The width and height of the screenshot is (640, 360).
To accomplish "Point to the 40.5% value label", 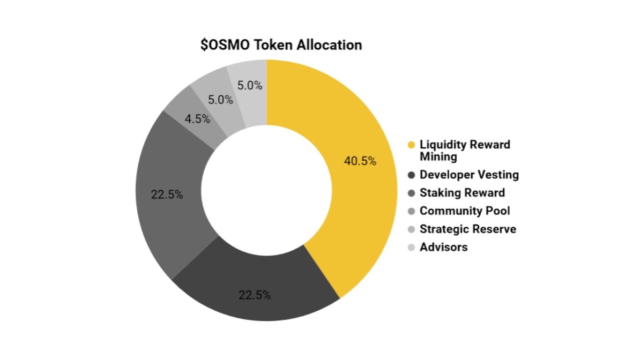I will point(360,161).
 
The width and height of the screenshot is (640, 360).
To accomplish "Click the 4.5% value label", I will point(197,119).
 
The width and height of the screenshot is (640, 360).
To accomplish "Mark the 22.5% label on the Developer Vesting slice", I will point(255,295).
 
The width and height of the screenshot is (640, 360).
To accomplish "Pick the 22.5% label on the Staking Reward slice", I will point(167,195).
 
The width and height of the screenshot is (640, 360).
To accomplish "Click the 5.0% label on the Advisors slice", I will point(250,86).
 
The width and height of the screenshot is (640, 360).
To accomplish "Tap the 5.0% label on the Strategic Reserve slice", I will point(221,100).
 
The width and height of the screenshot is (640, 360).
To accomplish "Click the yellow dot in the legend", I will point(411,145).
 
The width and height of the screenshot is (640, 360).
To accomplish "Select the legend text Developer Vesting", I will point(469,175).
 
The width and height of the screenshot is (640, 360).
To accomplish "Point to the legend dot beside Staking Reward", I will point(411,193).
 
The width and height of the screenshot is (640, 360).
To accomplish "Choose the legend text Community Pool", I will point(465,211).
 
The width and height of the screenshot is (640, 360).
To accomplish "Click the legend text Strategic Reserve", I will point(468,229).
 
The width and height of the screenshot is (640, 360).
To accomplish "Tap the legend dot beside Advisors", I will point(411,247).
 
